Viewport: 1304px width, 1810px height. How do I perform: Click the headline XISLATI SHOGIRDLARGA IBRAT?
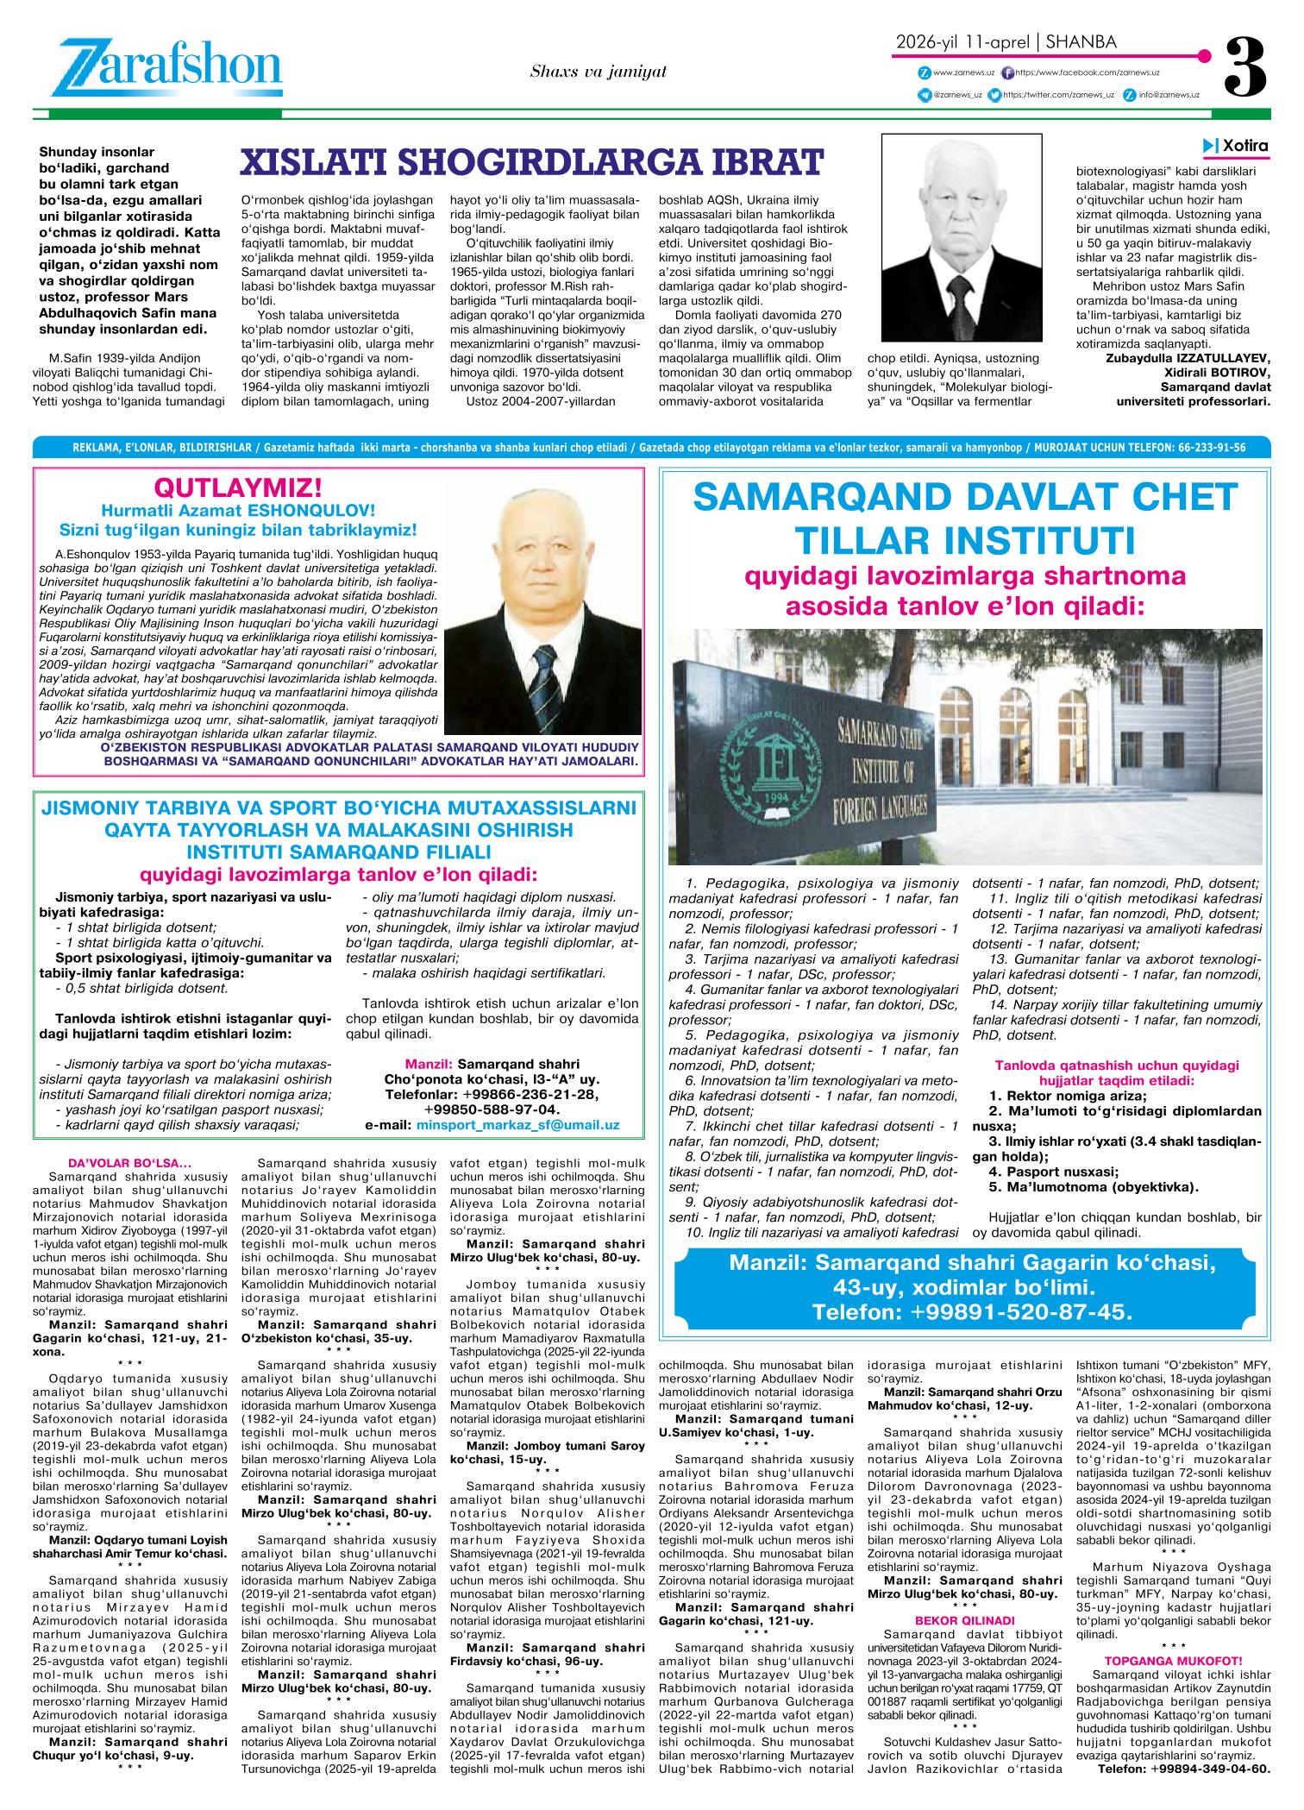pos(532,161)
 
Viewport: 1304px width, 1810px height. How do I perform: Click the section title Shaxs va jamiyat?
pos(599,72)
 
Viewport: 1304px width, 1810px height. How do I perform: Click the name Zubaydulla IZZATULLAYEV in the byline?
pos(1188,358)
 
